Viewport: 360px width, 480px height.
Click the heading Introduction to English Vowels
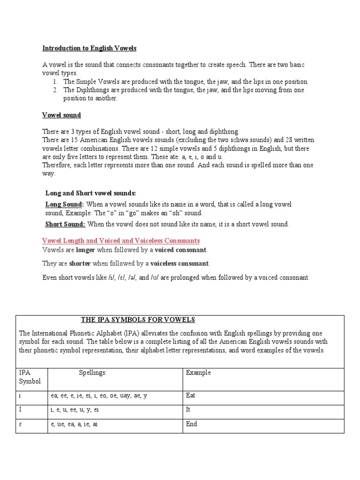point(90,48)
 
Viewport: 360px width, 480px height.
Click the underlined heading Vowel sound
point(61,115)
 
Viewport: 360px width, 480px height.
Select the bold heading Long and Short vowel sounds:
point(91,193)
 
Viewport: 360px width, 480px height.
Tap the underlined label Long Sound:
point(64,204)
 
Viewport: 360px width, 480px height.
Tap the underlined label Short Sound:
point(65,224)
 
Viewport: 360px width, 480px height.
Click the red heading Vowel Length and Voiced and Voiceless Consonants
point(121,241)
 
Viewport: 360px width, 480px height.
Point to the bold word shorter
point(80,263)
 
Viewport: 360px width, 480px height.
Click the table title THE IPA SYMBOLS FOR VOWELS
point(138,320)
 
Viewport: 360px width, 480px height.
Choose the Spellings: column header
point(93,373)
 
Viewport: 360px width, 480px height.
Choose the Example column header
point(198,373)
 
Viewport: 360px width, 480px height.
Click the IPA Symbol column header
point(30,377)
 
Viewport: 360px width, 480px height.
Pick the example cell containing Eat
point(191,396)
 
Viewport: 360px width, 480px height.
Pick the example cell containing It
point(188,410)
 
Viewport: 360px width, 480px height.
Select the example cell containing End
point(191,424)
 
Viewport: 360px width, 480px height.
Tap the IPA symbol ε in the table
point(21,424)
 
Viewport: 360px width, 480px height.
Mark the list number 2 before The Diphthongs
point(55,90)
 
